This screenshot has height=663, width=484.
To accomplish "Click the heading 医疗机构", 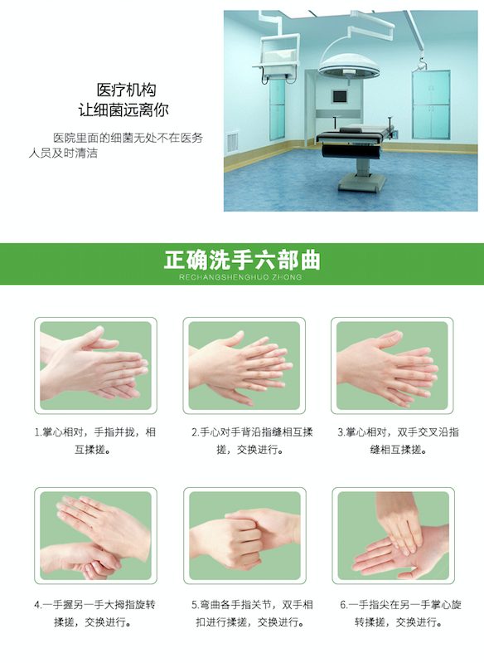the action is tap(126, 90).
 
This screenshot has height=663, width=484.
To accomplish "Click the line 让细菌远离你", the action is tap(123, 110).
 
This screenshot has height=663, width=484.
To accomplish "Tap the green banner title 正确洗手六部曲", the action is tap(242, 260).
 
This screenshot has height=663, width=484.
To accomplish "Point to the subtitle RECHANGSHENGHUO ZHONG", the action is tap(240, 277).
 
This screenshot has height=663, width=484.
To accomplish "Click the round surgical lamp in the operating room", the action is tap(349, 65).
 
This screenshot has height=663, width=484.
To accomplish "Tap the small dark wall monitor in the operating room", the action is tap(340, 97).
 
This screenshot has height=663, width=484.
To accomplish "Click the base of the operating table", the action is tap(362, 183).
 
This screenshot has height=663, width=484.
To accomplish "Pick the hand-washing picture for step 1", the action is tap(95, 365).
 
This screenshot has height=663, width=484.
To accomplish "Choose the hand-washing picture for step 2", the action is tap(244, 365).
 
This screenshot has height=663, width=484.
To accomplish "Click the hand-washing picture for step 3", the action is tap(392, 365).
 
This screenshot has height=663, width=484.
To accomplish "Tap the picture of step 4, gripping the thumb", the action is tap(95, 536).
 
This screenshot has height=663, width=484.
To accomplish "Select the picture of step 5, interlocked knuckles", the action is tap(244, 536).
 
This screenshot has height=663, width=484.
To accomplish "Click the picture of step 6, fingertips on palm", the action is tap(393, 536).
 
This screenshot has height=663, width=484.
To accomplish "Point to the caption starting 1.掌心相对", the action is tap(94, 441).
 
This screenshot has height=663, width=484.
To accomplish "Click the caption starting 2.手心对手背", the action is tap(252, 441).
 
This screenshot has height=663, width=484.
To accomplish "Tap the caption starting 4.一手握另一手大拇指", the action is tap(94, 613).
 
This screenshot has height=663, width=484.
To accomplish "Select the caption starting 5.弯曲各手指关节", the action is tap(252, 613).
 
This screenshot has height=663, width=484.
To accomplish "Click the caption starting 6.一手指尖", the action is tap(400, 613).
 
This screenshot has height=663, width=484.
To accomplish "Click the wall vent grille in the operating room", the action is tap(232, 142).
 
